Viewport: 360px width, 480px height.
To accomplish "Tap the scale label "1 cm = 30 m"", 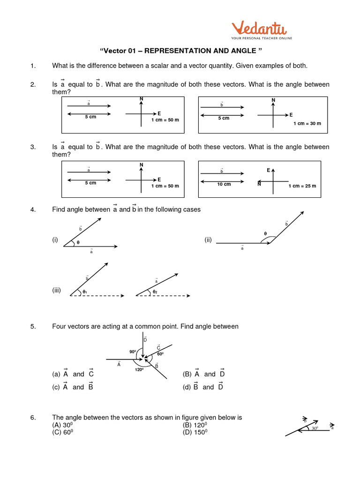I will pyautogui.click(x=307, y=123).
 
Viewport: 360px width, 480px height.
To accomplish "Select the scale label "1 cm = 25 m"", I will pyautogui.click(x=302, y=186).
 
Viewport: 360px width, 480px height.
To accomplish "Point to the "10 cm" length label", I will pyautogui.click(x=224, y=184).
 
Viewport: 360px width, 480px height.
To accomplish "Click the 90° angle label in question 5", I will pyautogui.click(x=133, y=352).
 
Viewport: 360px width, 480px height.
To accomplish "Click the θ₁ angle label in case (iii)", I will pyautogui.click(x=85, y=292).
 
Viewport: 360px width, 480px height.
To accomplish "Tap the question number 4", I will pyautogui.click(x=33, y=210).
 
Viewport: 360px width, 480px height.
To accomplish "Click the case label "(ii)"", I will pyautogui.click(x=208, y=240).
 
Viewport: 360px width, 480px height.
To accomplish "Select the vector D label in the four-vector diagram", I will pyautogui.click(x=145, y=339).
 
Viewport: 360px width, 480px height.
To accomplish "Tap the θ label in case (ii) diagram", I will pyautogui.click(x=265, y=233).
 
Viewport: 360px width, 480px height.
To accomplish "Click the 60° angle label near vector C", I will pyautogui.click(x=160, y=354).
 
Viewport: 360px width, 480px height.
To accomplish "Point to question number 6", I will pyautogui.click(x=33, y=417).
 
